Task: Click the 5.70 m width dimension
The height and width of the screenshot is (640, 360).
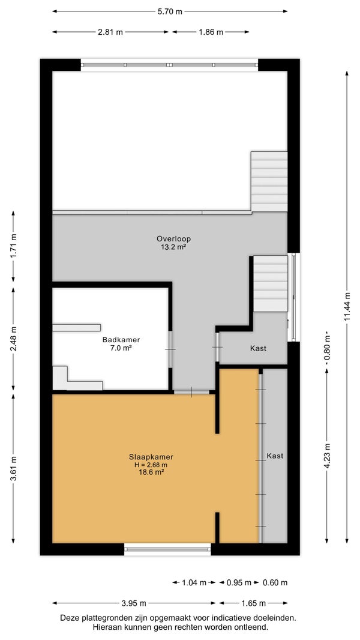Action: coord(170,11)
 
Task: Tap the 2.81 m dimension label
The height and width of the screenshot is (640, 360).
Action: coord(110,32)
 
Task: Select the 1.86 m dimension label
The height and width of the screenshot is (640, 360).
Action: coord(211,32)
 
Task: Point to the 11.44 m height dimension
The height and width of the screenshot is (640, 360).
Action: coord(347,306)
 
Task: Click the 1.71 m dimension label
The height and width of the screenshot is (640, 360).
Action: coord(14,246)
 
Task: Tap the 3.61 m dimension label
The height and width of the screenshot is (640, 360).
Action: coord(14,468)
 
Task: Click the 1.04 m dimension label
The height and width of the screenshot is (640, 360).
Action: coord(194,582)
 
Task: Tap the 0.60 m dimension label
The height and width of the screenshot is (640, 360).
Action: coord(275,582)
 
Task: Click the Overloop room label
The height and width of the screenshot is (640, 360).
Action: coord(173,239)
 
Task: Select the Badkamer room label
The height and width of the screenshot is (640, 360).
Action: coord(121,340)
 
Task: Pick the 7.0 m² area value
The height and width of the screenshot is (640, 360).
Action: coord(121,348)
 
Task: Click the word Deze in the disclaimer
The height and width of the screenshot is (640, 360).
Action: coord(68,618)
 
